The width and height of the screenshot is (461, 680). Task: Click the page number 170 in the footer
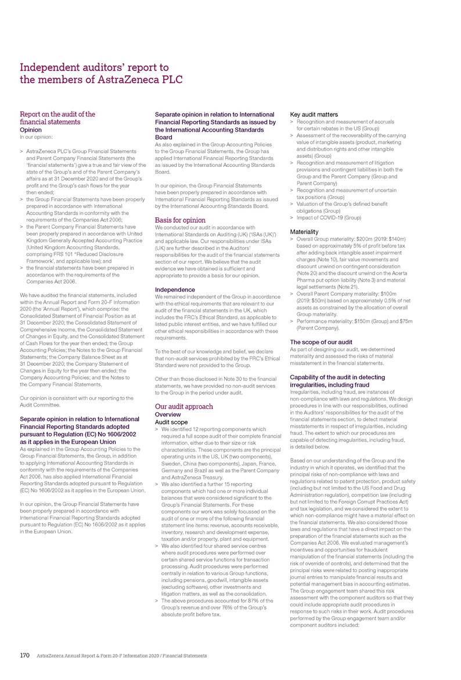pyautogui.click(x=25, y=655)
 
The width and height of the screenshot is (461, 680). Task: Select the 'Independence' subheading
pyautogui.click(x=175, y=272)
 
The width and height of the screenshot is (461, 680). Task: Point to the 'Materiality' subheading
pyautogui.click(x=304, y=230)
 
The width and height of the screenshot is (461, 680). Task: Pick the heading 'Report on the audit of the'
pyautogui.click(x=57, y=114)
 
